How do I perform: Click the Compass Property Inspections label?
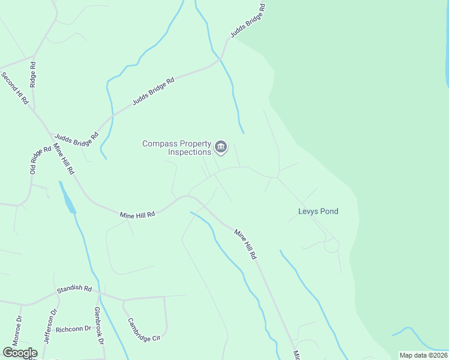[x=177, y=148]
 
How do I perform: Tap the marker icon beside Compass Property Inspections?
[x=221, y=147]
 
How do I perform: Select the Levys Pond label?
[x=318, y=211]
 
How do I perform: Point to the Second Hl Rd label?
[x=14, y=88]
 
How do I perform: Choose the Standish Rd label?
[x=74, y=289]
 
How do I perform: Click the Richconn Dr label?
[x=73, y=329]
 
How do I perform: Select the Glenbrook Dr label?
[x=99, y=326]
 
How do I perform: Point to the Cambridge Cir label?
[x=143, y=329]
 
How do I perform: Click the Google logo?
[x=20, y=352]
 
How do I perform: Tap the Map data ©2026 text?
[x=423, y=355]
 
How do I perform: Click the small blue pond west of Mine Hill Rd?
[x=67, y=198]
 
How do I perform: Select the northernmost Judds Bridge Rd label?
[x=247, y=22]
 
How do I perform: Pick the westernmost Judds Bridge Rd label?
[x=76, y=140]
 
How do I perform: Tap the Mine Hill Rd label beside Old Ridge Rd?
[x=64, y=159]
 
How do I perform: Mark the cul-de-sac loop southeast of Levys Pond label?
[x=331, y=245]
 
